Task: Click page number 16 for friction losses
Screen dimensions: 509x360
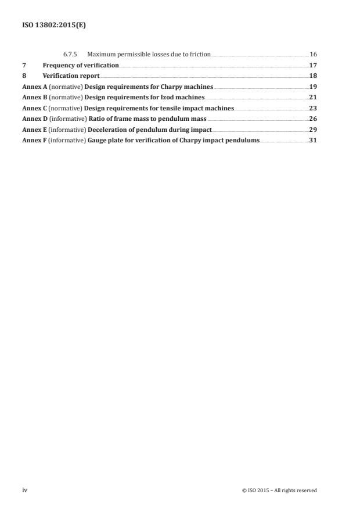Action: [x=313, y=54]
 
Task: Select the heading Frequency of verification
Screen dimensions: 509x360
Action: [x=81, y=65]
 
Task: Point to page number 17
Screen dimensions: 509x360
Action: [x=313, y=65]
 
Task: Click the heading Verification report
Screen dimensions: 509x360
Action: [x=71, y=76]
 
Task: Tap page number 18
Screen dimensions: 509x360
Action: [x=313, y=76]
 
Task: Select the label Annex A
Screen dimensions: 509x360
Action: [x=33, y=87]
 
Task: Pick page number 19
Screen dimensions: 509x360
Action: [x=313, y=87]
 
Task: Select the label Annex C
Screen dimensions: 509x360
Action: [x=33, y=108]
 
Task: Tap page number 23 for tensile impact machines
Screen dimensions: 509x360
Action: [x=313, y=108]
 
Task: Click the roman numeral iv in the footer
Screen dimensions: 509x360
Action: [x=24, y=490]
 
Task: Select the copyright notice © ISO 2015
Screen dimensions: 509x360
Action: [x=279, y=490]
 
